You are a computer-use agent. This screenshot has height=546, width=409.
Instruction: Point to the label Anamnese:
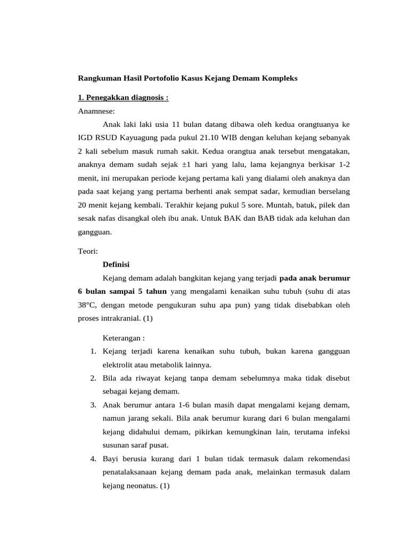pyautogui.click(x=96, y=111)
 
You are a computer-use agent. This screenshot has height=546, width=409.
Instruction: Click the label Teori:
pyautogui.click(x=89, y=251)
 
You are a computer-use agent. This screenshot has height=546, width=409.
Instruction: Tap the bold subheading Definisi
pyautogui.click(x=116, y=264)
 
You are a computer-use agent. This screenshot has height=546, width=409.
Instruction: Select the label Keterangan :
pyautogui.click(x=124, y=338)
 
